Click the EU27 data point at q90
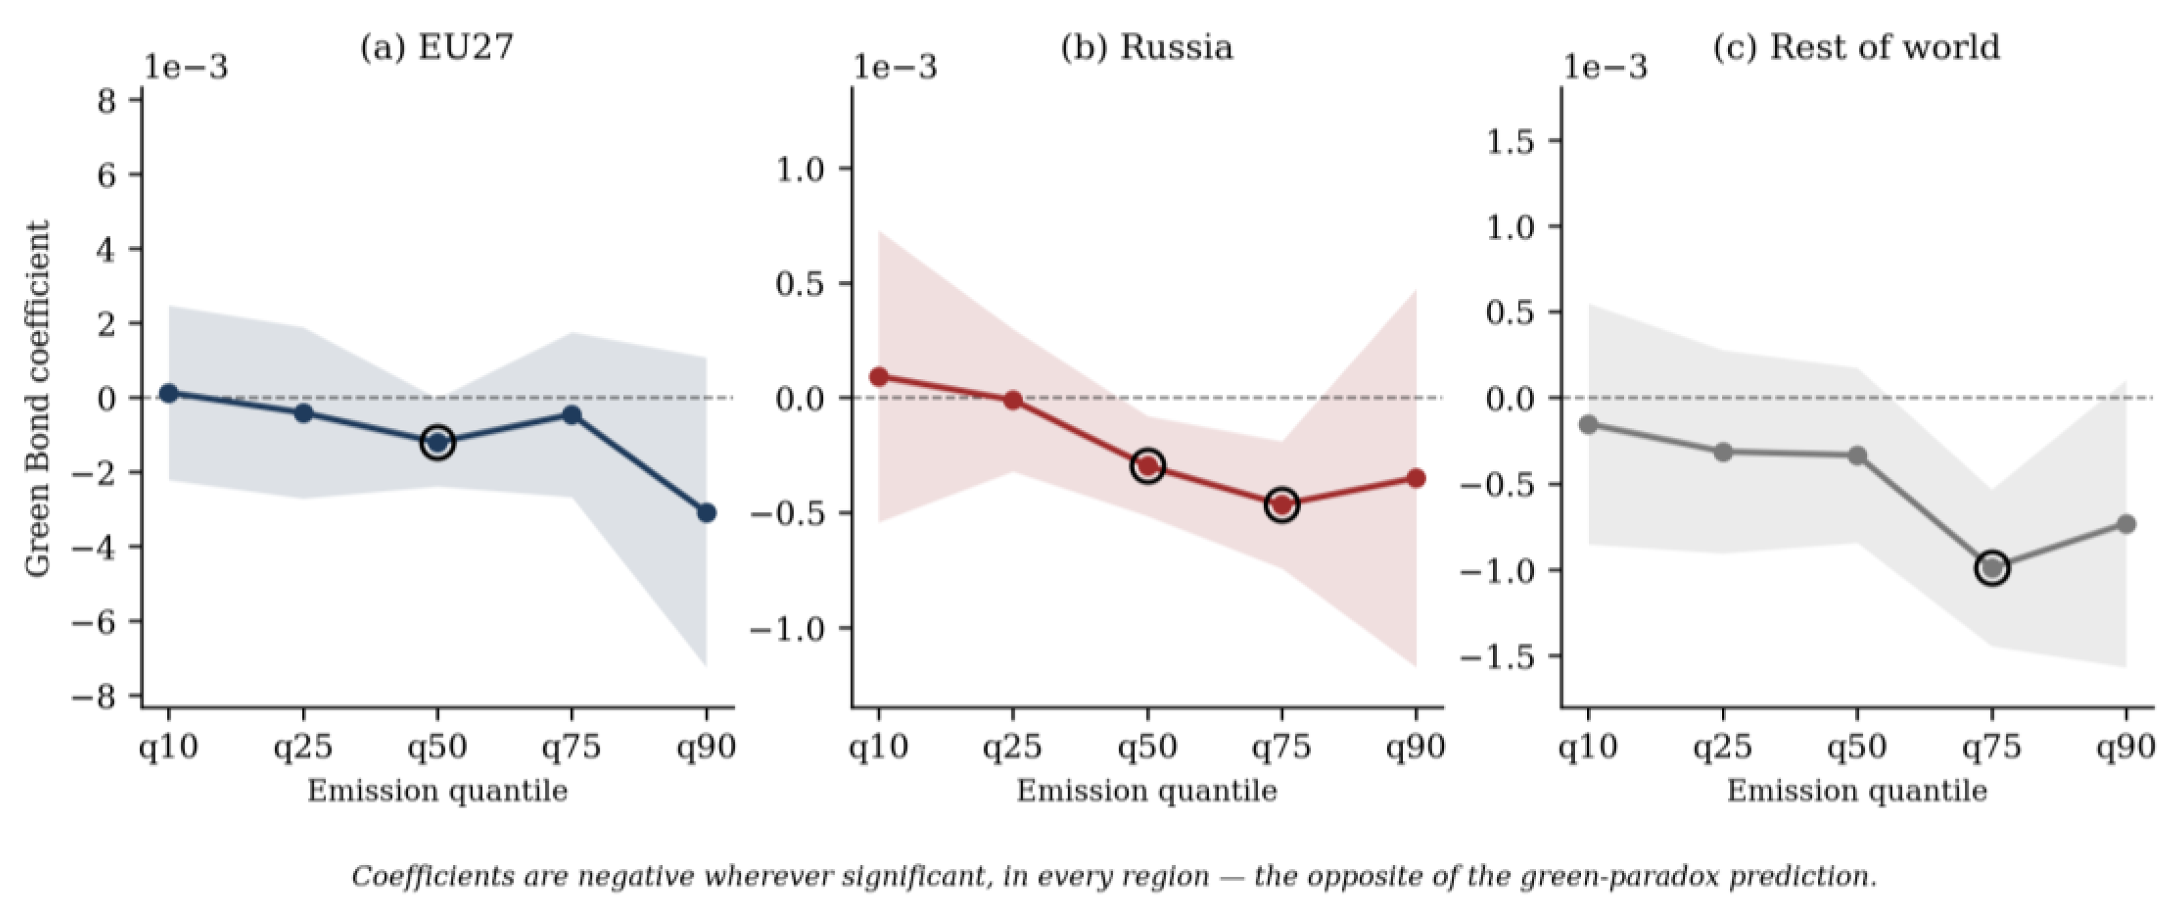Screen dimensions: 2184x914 (x=706, y=513)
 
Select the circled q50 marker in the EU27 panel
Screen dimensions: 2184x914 (x=437, y=442)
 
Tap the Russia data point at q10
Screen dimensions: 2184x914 (x=878, y=376)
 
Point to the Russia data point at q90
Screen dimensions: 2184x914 (x=1416, y=478)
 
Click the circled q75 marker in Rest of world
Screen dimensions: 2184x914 (x=1992, y=568)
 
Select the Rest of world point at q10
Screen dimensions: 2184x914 (x=1589, y=424)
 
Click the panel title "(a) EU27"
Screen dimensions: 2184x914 (x=437, y=48)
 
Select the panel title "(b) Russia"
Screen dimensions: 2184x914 (x=1147, y=48)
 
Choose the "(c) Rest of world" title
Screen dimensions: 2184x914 (x=1856, y=48)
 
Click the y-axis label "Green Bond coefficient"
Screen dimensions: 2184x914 (x=37, y=399)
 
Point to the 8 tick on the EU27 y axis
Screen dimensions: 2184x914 (x=107, y=102)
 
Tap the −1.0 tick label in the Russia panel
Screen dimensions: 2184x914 (x=788, y=629)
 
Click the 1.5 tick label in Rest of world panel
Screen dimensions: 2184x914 (x=1510, y=141)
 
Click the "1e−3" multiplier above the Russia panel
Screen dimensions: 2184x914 (x=895, y=68)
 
